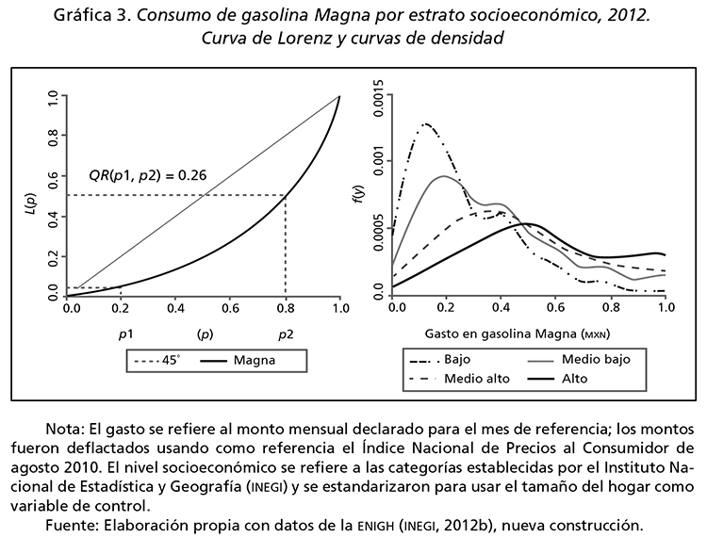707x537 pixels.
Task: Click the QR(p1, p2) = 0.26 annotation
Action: [x=147, y=175]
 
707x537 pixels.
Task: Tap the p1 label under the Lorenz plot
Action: [x=124, y=334]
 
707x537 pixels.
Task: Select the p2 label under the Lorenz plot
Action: [x=285, y=334]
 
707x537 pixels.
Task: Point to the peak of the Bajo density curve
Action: [x=429, y=123]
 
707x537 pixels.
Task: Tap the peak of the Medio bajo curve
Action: [x=444, y=176]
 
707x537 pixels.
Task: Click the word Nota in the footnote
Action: [x=62, y=429]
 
